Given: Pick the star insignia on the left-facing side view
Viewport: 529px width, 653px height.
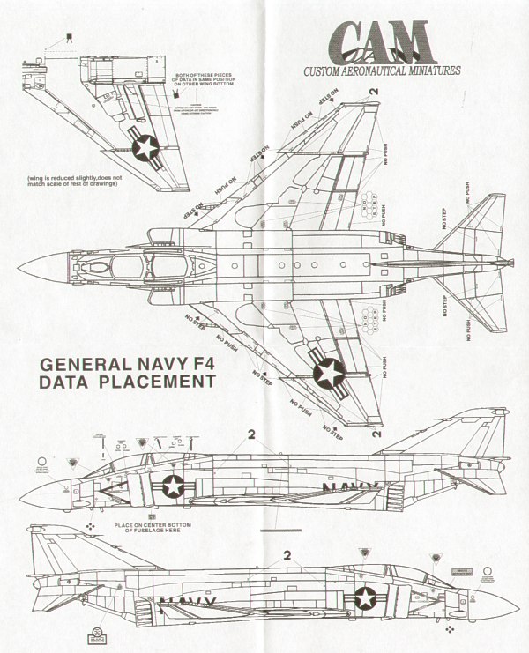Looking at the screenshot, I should tap(175, 486).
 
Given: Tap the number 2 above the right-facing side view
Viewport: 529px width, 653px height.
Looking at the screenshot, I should tap(287, 556).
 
